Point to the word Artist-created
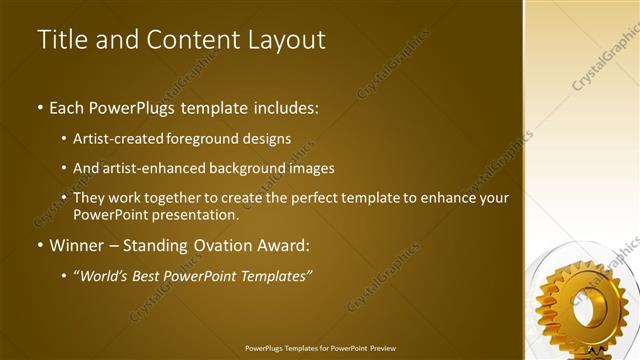click(x=119, y=139)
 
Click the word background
click(x=241, y=169)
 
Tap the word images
click(x=306, y=169)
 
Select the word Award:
click(x=283, y=245)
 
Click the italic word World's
click(x=106, y=275)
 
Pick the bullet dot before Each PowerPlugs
click(x=39, y=107)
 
